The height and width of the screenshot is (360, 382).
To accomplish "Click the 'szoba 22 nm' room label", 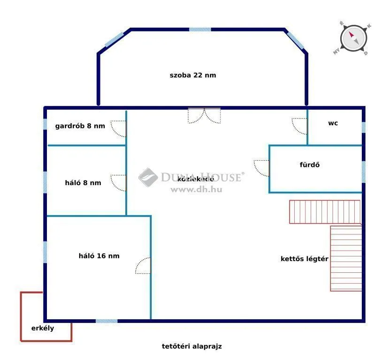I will (193, 75).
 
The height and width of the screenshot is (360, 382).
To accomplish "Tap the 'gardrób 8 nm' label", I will (80, 126).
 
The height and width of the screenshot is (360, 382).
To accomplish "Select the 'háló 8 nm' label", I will (83, 183).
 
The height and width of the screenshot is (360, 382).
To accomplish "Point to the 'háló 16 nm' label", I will (99, 255).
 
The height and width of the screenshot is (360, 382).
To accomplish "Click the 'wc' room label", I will (333, 123).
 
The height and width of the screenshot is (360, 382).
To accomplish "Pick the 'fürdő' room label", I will (310, 165).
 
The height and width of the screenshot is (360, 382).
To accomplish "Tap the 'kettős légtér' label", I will (304, 258).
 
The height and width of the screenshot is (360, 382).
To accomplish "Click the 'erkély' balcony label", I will (43, 328).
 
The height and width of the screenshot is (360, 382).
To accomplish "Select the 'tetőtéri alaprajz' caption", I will (191, 346).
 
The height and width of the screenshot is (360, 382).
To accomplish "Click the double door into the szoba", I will (204, 115).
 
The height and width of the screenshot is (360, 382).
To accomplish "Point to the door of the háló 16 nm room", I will (143, 266).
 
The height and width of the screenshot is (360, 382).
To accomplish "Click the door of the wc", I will (299, 126).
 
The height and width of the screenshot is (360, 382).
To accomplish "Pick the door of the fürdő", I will (262, 168).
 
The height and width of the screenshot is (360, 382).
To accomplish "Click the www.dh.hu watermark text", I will (196, 189).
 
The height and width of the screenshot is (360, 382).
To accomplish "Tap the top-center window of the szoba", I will (200, 29).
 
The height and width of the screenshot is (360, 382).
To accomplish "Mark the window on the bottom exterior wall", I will (107, 321).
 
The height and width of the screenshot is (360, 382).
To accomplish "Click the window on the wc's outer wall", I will (363, 127).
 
